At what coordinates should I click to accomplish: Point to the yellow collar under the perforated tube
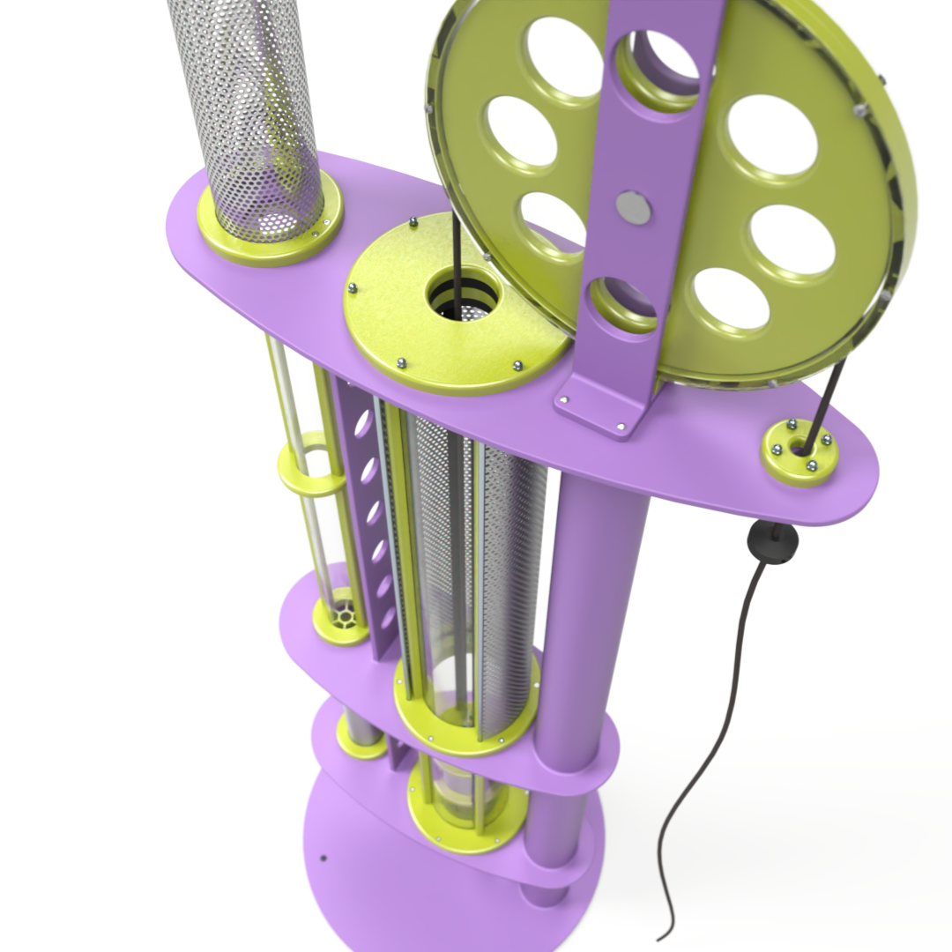269,231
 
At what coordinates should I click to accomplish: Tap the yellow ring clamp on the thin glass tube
310,472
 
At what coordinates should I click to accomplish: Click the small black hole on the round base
324,857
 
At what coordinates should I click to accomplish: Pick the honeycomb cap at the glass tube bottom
342,614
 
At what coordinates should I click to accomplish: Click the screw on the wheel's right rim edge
860,109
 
